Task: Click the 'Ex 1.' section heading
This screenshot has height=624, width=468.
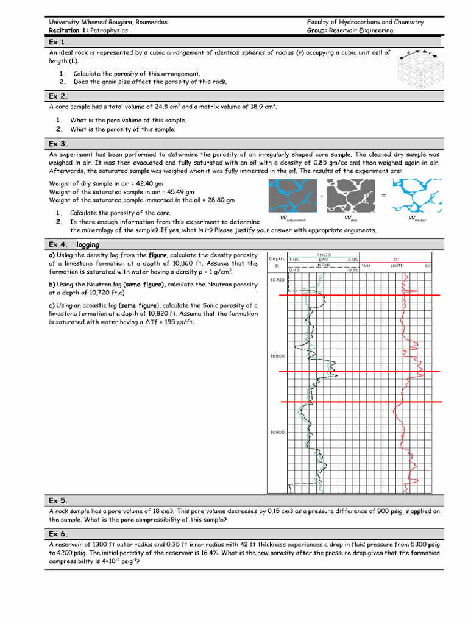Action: click(58, 42)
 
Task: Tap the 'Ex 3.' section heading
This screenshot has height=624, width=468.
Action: click(58, 144)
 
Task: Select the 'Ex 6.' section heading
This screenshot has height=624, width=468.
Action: click(58, 534)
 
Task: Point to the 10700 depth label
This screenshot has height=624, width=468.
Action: click(277, 280)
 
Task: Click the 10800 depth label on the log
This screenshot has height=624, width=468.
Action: click(277, 356)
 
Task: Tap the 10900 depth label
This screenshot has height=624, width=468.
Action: click(277, 432)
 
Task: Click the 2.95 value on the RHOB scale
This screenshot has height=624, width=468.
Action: click(352, 260)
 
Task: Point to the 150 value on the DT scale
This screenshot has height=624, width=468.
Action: click(366, 265)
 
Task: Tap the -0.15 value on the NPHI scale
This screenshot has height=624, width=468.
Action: click(352, 270)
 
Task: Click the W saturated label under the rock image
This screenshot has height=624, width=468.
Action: click(292, 218)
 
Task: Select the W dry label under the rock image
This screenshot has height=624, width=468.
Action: click(351, 218)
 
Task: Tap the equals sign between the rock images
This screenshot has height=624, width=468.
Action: click(384, 195)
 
